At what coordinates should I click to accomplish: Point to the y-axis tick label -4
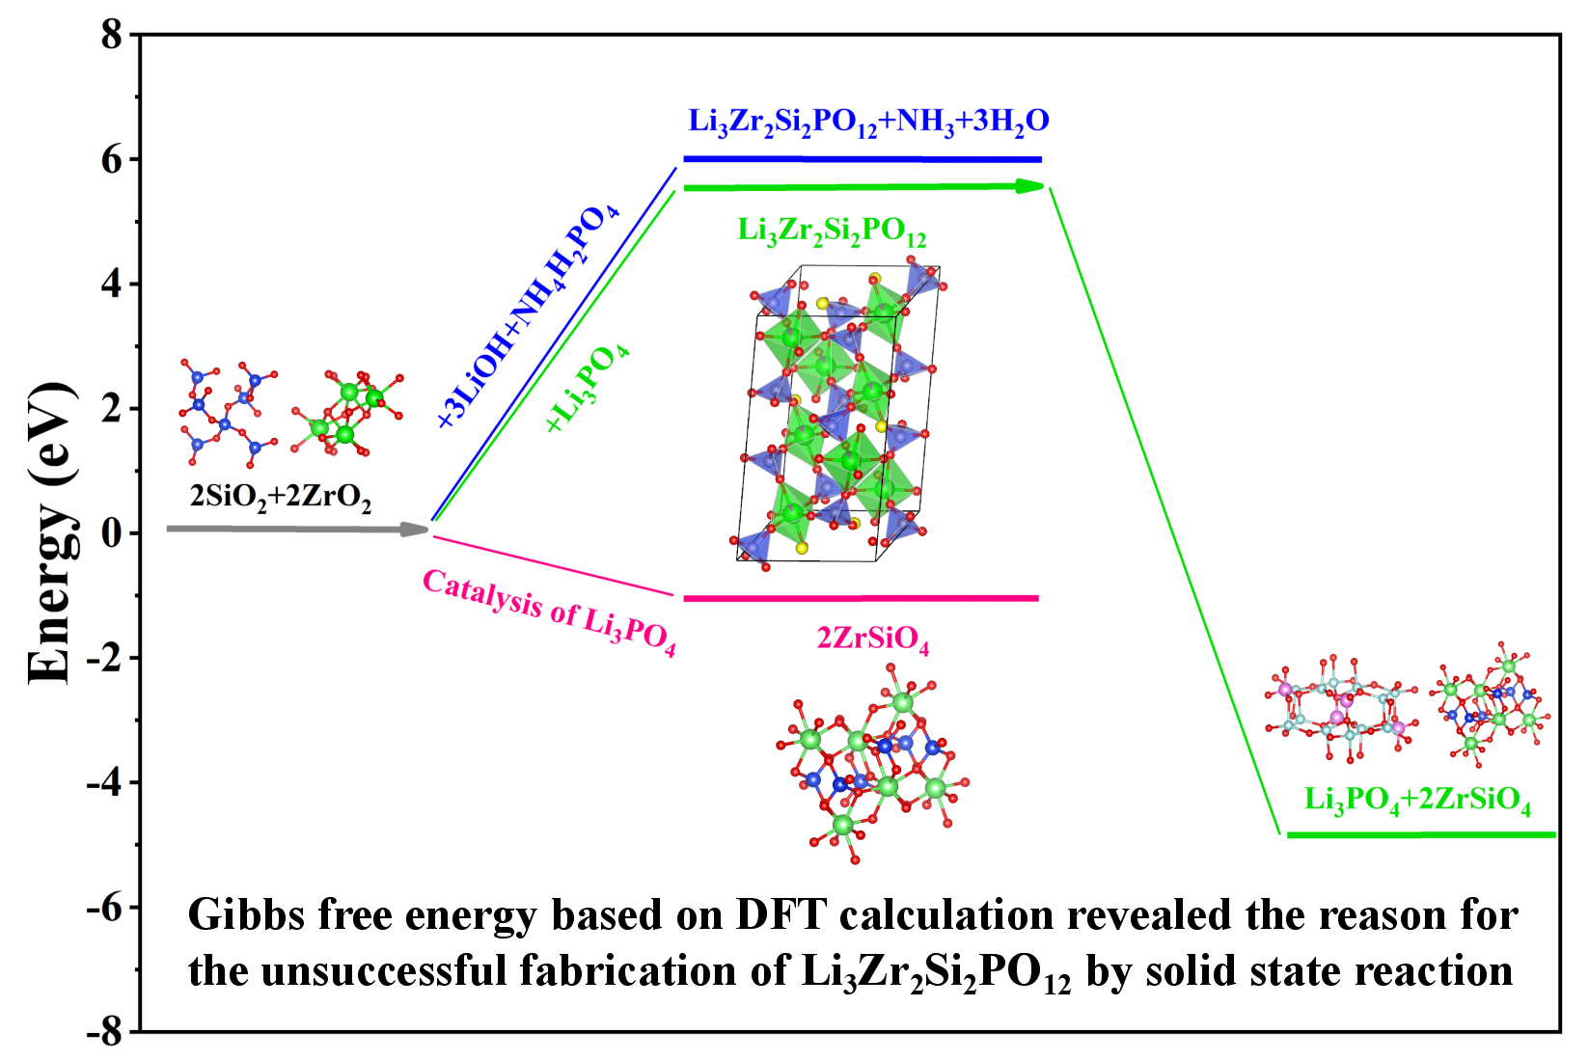[x=105, y=782]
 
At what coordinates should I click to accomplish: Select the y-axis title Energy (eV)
[x=50, y=533]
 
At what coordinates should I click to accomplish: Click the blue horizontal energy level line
[x=863, y=159]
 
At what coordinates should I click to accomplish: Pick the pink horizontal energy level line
[x=861, y=599]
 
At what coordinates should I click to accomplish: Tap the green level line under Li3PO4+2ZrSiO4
[x=1421, y=835]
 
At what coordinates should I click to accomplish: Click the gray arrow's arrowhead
[x=417, y=529]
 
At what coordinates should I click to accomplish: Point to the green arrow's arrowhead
[x=1032, y=186]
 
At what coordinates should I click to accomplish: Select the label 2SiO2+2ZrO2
[x=280, y=497]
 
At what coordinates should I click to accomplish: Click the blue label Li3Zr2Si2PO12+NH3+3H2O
[x=868, y=122]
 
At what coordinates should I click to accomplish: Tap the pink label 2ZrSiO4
[x=873, y=639]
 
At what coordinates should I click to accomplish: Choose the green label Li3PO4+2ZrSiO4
[x=1417, y=800]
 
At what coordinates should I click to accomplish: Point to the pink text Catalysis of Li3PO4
[x=549, y=612]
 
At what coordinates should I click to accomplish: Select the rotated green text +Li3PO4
[x=588, y=388]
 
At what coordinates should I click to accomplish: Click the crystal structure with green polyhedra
[x=835, y=415]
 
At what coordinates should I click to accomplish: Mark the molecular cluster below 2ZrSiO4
[x=871, y=767]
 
